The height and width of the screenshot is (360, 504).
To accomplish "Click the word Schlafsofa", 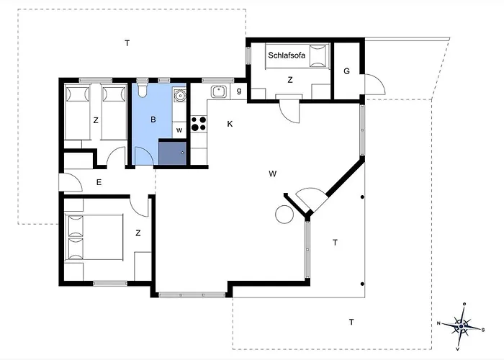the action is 287,55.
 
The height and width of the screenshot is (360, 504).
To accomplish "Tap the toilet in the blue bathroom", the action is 142,89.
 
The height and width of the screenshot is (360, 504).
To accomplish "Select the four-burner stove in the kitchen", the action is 199,124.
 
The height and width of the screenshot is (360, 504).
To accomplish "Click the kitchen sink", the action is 219,91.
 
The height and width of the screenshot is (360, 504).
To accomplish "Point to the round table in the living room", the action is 284,215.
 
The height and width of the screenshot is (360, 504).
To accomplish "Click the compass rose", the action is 462,326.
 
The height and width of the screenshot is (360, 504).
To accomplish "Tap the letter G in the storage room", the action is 346,71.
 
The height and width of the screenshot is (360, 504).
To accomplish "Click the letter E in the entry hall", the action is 99,182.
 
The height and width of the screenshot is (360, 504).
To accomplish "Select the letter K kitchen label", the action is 230,124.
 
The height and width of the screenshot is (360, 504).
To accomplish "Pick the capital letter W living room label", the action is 273,174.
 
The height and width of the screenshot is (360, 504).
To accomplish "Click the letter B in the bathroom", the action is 153,120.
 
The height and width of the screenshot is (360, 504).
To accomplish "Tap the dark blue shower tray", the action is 172,152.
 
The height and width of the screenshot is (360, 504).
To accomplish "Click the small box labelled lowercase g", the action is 239,91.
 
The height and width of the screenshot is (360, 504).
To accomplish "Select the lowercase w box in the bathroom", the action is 179,130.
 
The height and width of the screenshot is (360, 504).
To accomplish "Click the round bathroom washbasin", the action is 179,95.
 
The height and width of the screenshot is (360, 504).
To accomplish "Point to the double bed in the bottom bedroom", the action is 94,237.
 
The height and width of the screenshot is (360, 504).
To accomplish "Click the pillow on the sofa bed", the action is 318,55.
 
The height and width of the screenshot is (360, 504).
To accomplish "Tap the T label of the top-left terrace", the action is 127,42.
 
